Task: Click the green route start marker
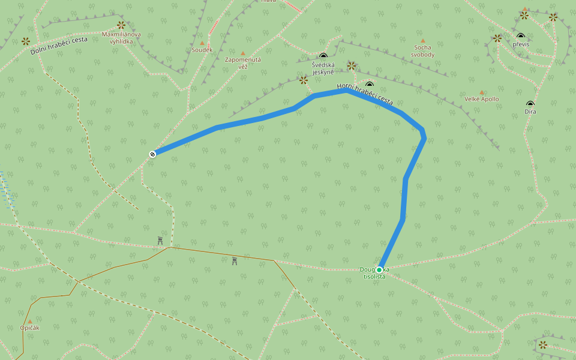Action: pos(379,270)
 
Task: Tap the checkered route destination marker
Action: pos(153,154)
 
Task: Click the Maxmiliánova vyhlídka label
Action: pos(121,38)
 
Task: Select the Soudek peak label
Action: pos(202,50)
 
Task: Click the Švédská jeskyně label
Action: pos(323,68)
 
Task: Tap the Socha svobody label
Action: pos(422,51)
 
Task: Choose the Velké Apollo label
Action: pos(481,99)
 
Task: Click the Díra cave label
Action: pos(530,112)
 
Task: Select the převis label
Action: pos(521,44)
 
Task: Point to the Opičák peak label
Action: pos(29,328)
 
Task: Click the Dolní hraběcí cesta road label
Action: pos(59,46)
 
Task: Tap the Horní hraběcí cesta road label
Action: pos(365,94)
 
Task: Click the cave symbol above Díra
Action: pos(530,104)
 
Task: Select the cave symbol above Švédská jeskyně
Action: pos(323,56)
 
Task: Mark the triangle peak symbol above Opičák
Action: pos(29,321)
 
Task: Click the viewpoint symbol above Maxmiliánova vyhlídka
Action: pos(121,25)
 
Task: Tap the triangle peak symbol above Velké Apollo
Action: pos(481,92)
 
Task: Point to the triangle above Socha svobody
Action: pos(422,41)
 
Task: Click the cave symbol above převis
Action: pos(521,36)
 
